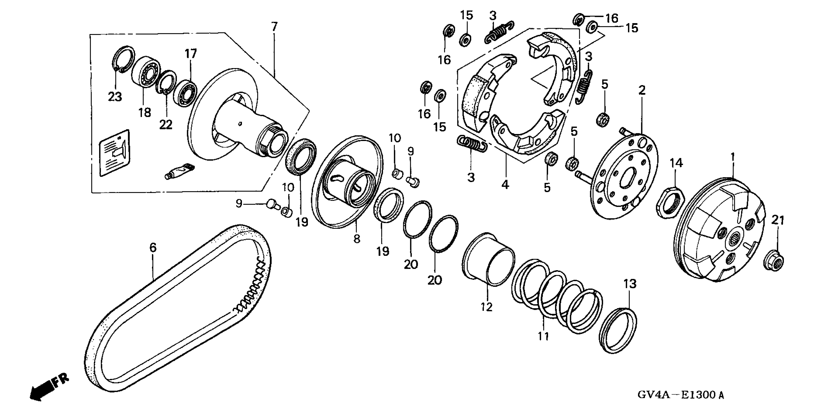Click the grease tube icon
[x=179, y=170]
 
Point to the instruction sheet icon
[x=115, y=153]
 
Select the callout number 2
[x=642, y=90]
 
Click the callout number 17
[x=191, y=54]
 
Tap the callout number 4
[x=505, y=184]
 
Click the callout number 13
[x=629, y=284]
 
